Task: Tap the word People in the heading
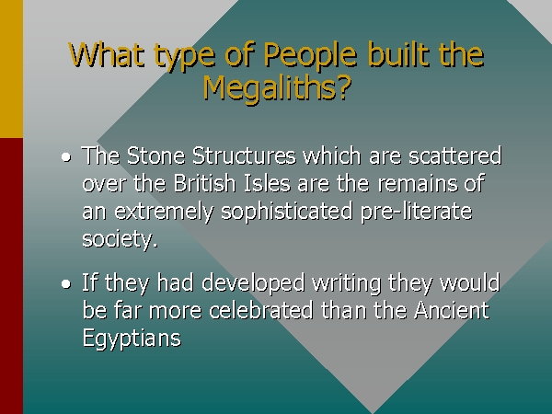point(310,55)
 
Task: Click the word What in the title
point(107,54)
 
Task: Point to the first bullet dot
point(66,157)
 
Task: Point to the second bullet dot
point(66,283)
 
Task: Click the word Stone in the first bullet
point(155,155)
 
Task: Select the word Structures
point(244,155)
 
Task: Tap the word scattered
point(454,155)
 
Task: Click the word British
point(204,183)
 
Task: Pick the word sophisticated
point(286,213)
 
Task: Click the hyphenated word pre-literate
point(416,213)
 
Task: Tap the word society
point(120,239)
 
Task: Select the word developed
point(253,283)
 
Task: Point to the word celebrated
point(261,310)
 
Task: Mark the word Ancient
point(452,310)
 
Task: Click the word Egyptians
point(132,339)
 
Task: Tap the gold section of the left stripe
point(11,69)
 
